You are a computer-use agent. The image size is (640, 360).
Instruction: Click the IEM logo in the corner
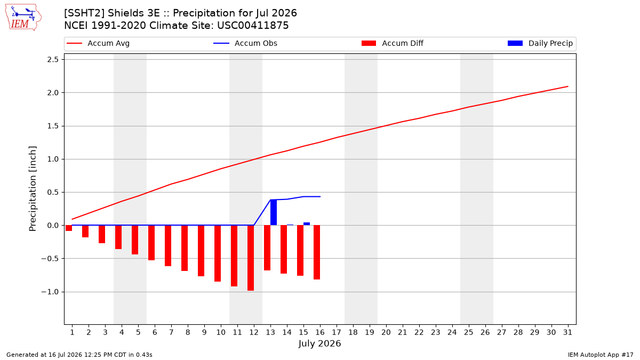click(x=23, y=17)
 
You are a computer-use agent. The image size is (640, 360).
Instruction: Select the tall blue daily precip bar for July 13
click(x=274, y=212)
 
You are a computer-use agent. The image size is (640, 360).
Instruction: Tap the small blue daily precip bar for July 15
click(x=307, y=223)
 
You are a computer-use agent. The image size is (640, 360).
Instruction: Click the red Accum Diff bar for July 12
click(x=251, y=258)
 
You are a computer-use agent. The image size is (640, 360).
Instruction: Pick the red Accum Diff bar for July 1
click(x=69, y=228)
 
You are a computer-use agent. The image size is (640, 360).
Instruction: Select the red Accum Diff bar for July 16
click(x=317, y=252)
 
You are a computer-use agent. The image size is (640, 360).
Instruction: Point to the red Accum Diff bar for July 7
click(x=168, y=246)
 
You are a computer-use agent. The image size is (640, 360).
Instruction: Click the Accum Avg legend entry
click(x=98, y=43)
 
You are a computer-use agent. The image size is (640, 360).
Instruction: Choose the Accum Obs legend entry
click(x=245, y=43)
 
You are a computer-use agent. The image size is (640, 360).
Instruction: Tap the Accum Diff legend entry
click(x=393, y=43)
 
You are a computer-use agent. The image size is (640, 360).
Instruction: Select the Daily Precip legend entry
click(x=540, y=43)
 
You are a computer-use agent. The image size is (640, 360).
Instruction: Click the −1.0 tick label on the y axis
click(x=50, y=292)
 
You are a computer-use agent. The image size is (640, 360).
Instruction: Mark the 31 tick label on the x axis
click(x=567, y=332)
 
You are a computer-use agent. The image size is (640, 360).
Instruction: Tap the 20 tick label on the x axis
click(x=386, y=332)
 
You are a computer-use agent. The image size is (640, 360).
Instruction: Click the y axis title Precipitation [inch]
click(x=33, y=189)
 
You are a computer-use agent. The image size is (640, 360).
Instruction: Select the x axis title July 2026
click(x=319, y=343)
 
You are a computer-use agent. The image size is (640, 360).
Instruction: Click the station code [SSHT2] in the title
click(x=84, y=13)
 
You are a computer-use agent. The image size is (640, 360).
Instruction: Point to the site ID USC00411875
click(x=253, y=26)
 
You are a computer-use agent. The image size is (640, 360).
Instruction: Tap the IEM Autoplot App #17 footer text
click(x=601, y=355)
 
